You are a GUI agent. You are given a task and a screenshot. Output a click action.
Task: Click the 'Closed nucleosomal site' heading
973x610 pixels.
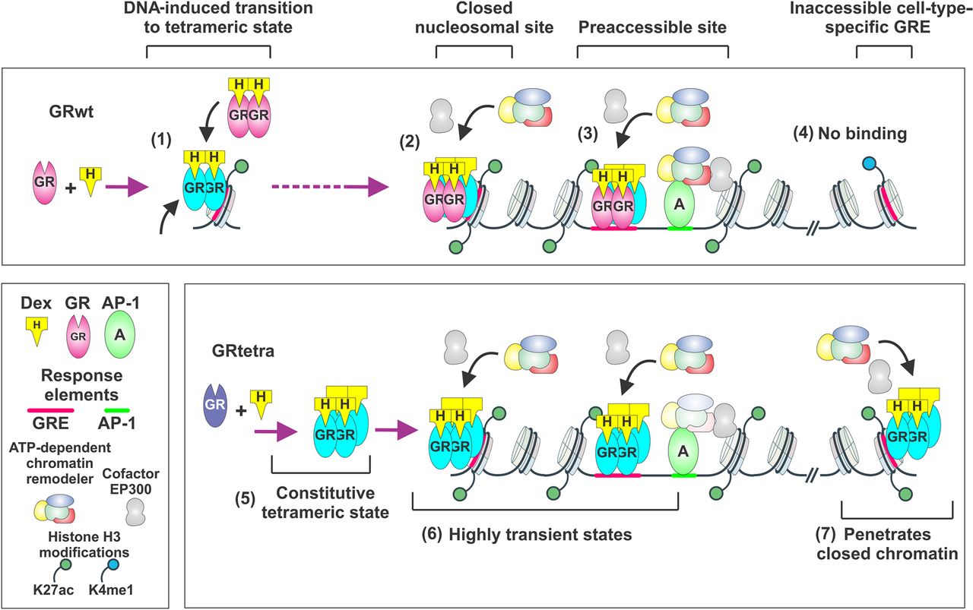474,19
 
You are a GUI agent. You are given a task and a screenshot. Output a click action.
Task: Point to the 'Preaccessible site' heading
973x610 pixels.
652,28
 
